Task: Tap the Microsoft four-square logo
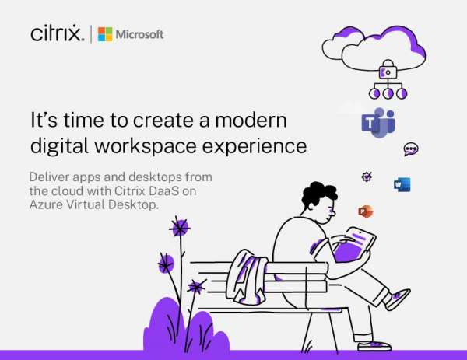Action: click(x=105, y=34)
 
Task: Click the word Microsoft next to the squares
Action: click(x=140, y=34)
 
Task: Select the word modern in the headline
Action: click(x=250, y=121)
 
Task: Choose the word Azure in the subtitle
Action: click(x=47, y=204)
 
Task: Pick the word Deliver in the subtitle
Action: click(x=49, y=177)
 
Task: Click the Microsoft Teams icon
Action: click(x=378, y=123)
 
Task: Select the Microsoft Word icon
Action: click(x=402, y=184)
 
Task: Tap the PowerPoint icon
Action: click(x=365, y=211)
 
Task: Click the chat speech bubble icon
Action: click(x=411, y=149)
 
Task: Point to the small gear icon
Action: click(x=367, y=177)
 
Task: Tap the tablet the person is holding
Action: click(x=354, y=247)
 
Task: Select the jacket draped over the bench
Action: click(x=246, y=275)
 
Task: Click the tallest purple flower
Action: click(x=180, y=228)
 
